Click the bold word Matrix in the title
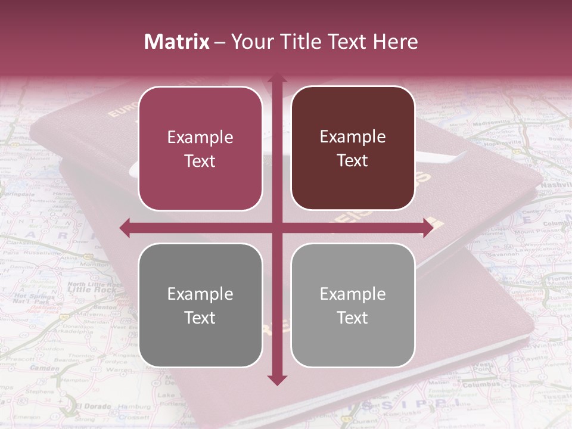tap(176, 42)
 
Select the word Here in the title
tap(395, 42)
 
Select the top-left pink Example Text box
tap(200, 148)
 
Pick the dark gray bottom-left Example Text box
tap(200, 305)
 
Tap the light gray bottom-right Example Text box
tap(353, 305)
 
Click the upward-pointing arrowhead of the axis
tap(276, 80)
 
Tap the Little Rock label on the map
tap(86, 289)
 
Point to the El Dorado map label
tap(93, 406)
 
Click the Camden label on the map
tap(45, 368)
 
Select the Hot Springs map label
tap(29, 296)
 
